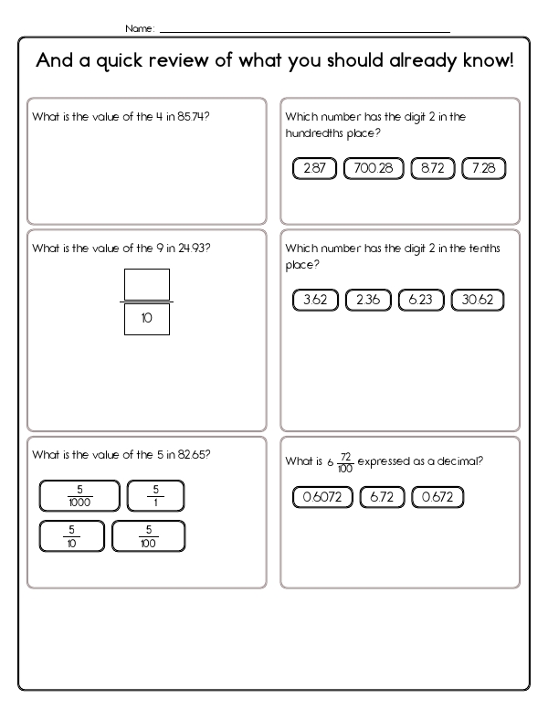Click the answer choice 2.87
pos(314,168)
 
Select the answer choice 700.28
pos(374,168)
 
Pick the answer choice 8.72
pos(433,168)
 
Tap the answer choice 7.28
pos(484,168)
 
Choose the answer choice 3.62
pos(314,300)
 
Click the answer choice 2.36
pos(368,300)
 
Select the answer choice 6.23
pos(421,300)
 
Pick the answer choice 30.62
pos(479,300)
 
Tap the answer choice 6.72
pos(383,497)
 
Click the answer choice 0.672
pos(438,497)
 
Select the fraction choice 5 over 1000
pos(79,495)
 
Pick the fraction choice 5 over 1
pos(155,495)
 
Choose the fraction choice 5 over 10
pos(71,536)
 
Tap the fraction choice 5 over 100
pos(148,536)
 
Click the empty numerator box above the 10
pos(146,284)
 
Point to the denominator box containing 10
pos(146,319)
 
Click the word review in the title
pos(202,62)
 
